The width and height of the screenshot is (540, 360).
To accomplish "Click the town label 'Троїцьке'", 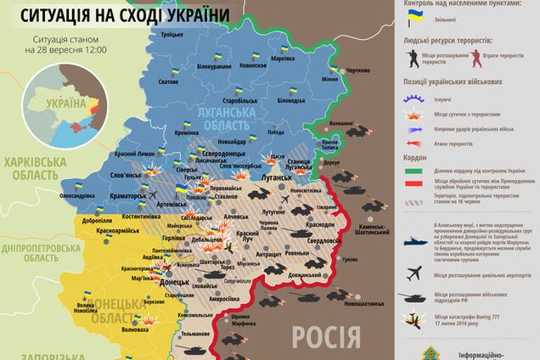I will click(x=173, y=33).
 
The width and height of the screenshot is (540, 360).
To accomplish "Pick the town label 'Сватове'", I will click(x=168, y=82).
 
